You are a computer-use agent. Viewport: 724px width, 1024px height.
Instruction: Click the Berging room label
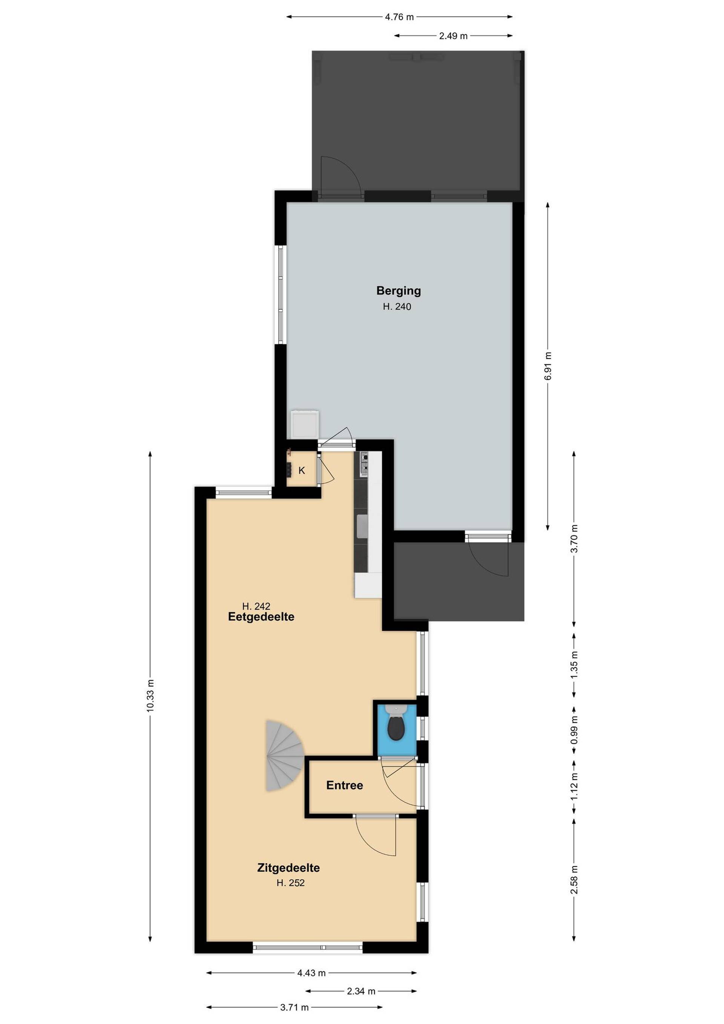point(399,291)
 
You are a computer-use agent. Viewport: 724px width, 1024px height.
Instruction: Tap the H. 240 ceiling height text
point(397,307)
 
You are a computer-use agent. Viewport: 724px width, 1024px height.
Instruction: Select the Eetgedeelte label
point(261,617)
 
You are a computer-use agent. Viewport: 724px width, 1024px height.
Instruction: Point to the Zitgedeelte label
point(288,868)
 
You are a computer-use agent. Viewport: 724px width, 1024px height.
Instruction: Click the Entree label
point(345,785)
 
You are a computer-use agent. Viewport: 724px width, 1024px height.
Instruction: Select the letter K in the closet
point(302,471)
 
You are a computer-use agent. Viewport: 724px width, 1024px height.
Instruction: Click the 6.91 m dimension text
point(548,366)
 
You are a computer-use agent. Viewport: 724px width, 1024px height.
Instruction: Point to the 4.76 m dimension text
point(399,17)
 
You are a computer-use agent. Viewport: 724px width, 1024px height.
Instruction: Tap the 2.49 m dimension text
point(453,36)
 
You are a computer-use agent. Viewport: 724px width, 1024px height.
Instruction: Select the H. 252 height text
point(291,883)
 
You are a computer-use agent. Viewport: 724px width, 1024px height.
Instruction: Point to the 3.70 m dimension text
point(574,538)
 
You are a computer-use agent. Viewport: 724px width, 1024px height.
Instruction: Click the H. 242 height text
point(256,606)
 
